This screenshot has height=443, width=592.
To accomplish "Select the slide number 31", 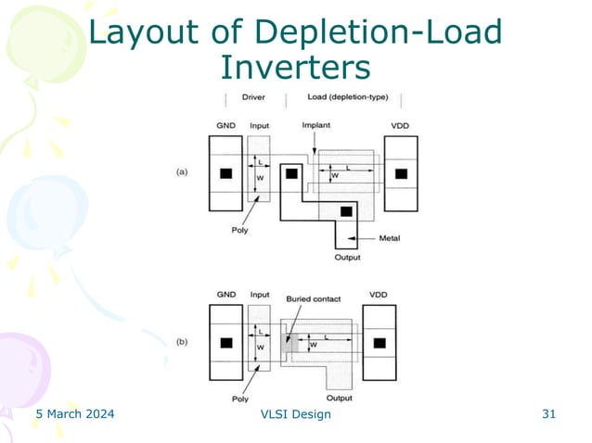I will click(548, 413).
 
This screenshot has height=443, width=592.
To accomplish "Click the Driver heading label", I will click(253, 97).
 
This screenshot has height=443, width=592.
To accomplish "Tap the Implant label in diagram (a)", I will click(315, 125).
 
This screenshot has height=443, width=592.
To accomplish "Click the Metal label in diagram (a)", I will click(390, 238).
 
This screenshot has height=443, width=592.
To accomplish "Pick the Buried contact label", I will click(314, 299).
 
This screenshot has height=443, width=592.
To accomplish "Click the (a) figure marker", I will click(184, 171).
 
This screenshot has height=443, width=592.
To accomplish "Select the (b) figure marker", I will click(184, 342).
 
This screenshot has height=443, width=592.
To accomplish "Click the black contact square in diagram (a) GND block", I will click(225, 173).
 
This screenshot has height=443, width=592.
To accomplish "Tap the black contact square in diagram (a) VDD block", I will click(401, 173).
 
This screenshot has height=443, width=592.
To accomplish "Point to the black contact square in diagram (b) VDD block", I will click(380, 344).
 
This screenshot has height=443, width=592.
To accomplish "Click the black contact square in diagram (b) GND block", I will click(225, 344).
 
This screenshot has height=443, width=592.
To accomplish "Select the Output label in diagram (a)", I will click(347, 258).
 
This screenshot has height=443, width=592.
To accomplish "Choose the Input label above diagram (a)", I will click(259, 125).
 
